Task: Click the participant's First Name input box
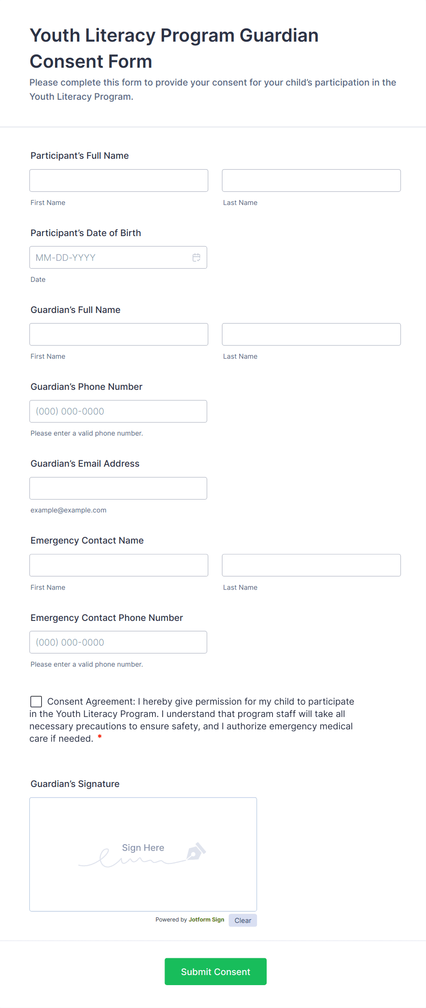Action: pyautogui.click(x=119, y=181)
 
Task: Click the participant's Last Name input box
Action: pyautogui.click(x=311, y=181)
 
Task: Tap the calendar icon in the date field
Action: pyautogui.click(x=197, y=258)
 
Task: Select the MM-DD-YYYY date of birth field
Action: pyautogui.click(x=110, y=258)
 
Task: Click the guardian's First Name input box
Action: pyautogui.click(x=119, y=334)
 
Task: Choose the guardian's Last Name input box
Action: pyautogui.click(x=311, y=334)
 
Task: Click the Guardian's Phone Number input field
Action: pyautogui.click(x=118, y=411)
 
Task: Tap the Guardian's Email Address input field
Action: pyautogui.click(x=118, y=488)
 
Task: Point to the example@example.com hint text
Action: pyautogui.click(x=68, y=510)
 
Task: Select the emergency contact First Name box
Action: pyautogui.click(x=119, y=565)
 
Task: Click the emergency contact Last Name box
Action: pyautogui.click(x=311, y=565)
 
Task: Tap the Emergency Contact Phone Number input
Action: pyautogui.click(x=118, y=642)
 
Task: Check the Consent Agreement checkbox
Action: pyautogui.click(x=36, y=701)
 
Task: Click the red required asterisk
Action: pyautogui.click(x=99, y=737)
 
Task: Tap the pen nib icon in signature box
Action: pyautogui.click(x=196, y=852)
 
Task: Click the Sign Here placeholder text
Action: pyautogui.click(x=143, y=848)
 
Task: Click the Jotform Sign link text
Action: pyautogui.click(x=206, y=920)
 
